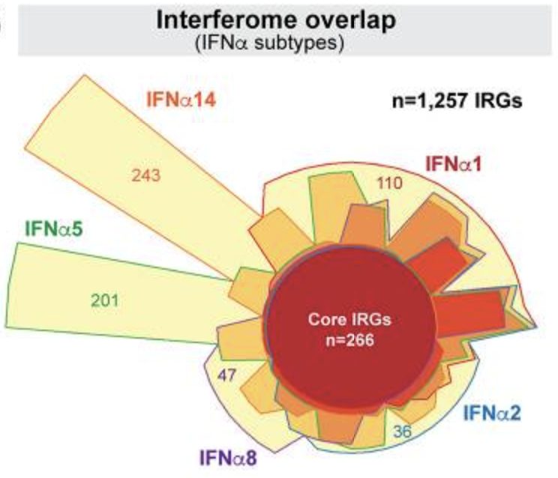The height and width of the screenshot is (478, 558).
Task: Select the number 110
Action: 388,183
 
